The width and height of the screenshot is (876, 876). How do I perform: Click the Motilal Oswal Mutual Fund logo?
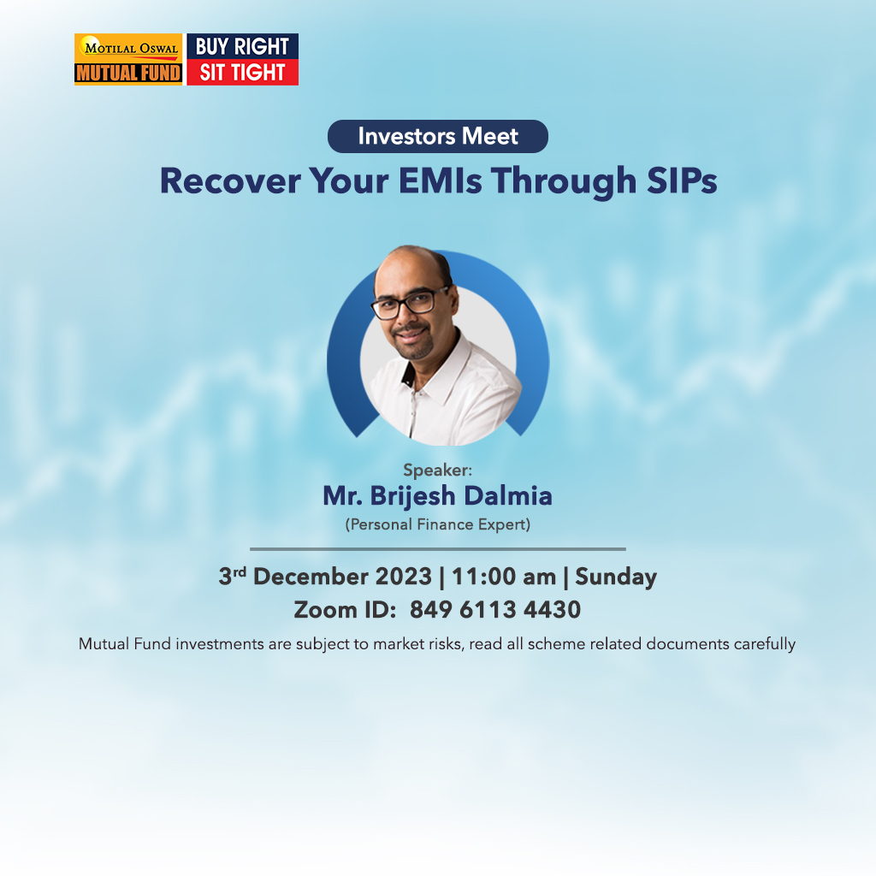click(128, 59)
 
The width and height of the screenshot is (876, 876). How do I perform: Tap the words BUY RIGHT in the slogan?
click(242, 46)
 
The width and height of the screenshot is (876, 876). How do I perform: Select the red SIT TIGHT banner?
click(242, 73)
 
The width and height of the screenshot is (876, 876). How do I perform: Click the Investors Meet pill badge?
click(437, 136)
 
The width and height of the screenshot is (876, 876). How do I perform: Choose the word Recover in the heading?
click(230, 181)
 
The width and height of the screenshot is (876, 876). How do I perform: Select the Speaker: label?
click(437, 470)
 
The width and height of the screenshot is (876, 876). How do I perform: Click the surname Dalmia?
click(508, 495)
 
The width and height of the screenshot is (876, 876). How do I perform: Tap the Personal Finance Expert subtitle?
click(437, 524)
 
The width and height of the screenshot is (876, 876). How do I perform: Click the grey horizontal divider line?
click(437, 549)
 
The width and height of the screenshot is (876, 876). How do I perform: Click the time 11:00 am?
click(504, 577)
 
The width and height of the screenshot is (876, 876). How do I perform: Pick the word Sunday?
click(616, 577)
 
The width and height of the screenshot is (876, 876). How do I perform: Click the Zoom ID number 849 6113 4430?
click(495, 609)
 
